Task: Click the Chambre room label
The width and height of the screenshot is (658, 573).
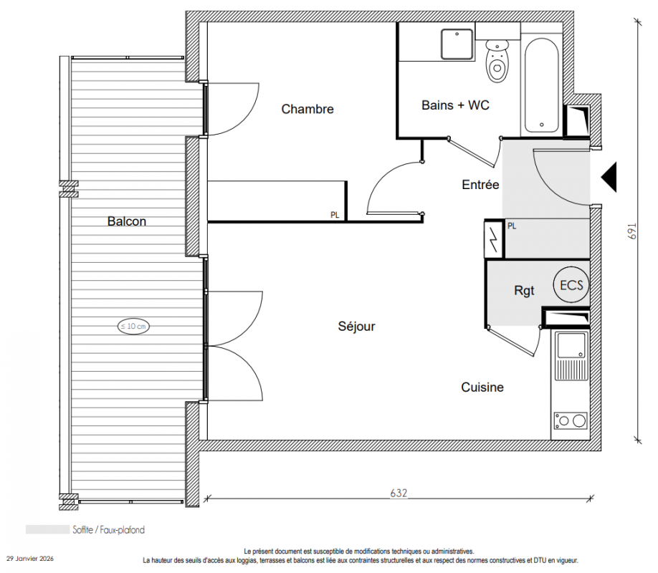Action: pyautogui.click(x=307, y=109)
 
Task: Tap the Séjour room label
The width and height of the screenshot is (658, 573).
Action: pyautogui.click(x=356, y=327)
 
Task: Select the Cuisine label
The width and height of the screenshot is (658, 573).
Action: pyautogui.click(x=482, y=387)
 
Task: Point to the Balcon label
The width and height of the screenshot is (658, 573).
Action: pyautogui.click(x=127, y=221)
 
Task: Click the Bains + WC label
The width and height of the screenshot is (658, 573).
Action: pyautogui.click(x=455, y=105)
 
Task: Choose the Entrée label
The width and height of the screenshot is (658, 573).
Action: pyautogui.click(x=480, y=185)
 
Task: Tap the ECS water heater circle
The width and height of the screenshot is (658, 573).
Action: pyautogui.click(x=571, y=285)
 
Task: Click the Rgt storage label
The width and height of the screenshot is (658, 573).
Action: pyautogui.click(x=524, y=291)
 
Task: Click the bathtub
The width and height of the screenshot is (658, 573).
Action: pyautogui.click(x=541, y=85)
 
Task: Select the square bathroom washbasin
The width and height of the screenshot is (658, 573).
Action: pyautogui.click(x=457, y=44)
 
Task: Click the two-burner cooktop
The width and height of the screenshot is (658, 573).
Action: pyautogui.click(x=571, y=420)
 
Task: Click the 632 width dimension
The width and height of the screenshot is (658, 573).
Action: pyautogui.click(x=399, y=493)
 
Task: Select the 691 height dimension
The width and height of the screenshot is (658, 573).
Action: pyautogui.click(x=632, y=231)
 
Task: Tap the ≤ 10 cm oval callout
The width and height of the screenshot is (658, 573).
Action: pyautogui.click(x=133, y=326)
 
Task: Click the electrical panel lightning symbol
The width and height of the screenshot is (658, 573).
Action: pyautogui.click(x=494, y=239)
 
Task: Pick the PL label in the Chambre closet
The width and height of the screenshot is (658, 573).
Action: pyautogui.click(x=335, y=215)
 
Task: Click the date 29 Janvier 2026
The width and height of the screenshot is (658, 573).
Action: pyautogui.click(x=30, y=559)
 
